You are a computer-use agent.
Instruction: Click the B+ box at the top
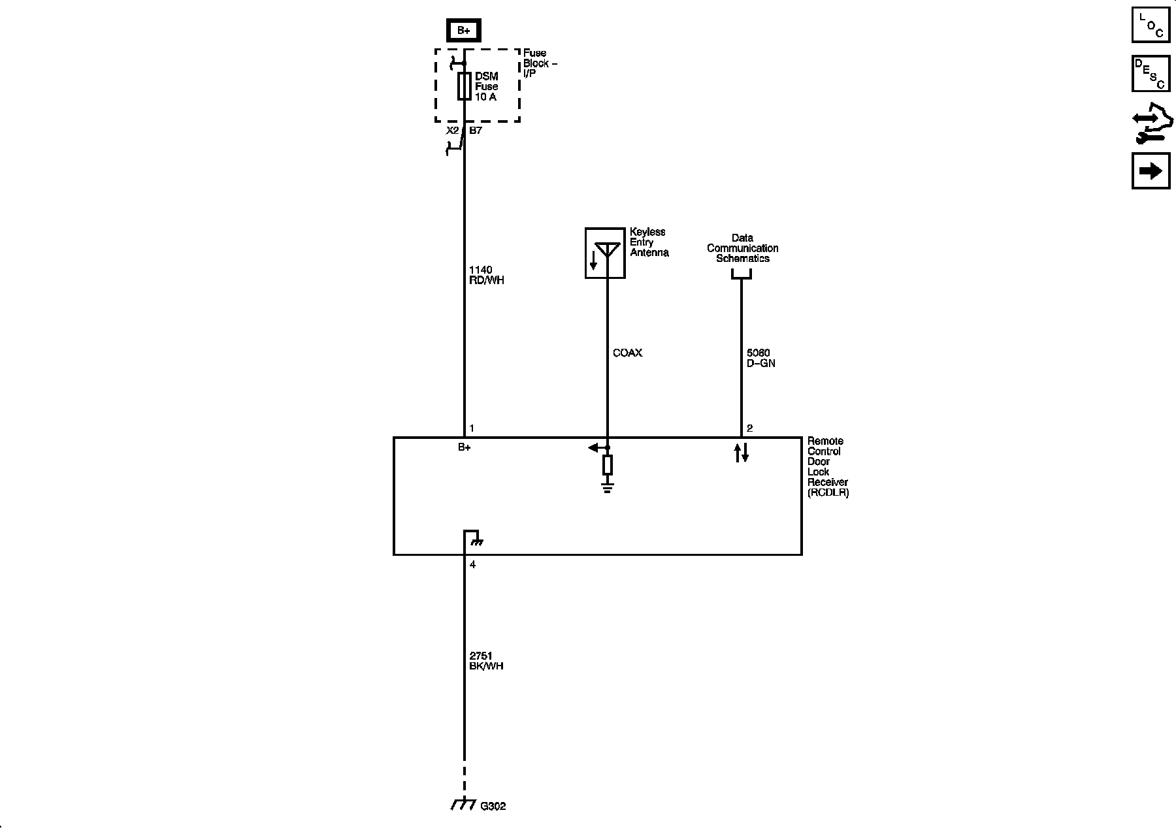point(463,30)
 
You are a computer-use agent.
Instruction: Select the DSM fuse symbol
point(464,86)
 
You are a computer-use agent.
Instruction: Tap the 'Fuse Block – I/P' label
point(540,63)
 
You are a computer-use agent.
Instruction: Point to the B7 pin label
point(476,131)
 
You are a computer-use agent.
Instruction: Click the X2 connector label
point(452,131)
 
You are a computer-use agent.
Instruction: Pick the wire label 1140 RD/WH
point(486,275)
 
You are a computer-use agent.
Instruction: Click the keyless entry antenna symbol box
point(605,253)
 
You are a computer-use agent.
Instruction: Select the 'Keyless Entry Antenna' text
point(649,242)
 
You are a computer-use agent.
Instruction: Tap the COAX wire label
point(627,353)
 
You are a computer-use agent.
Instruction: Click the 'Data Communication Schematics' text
point(742,248)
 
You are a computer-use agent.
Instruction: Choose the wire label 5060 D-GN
point(760,358)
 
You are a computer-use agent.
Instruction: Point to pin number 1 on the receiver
point(472,428)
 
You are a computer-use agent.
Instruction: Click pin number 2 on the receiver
point(749,428)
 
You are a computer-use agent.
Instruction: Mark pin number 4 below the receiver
point(472,565)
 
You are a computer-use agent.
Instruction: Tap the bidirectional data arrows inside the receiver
point(741,453)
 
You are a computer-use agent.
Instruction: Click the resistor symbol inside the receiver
point(608,465)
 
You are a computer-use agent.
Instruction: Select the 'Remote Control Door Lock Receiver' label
point(827,467)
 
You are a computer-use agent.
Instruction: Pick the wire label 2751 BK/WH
point(486,661)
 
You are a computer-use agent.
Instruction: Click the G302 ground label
point(493,807)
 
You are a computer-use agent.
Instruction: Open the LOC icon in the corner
point(1151,24)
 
